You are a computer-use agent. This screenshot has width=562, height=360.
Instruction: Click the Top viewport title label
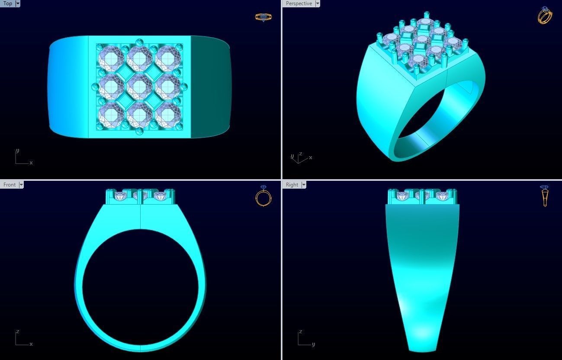click(x=8, y=3)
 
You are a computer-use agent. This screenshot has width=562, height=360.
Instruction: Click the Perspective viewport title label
click(x=299, y=3)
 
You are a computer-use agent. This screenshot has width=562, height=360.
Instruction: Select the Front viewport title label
click(x=9, y=185)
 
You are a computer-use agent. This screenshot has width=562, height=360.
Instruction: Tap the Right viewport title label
click(x=292, y=185)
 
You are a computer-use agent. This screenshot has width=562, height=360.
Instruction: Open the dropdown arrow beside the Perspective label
click(x=318, y=3)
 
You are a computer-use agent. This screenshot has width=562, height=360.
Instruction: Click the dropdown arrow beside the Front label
click(x=21, y=185)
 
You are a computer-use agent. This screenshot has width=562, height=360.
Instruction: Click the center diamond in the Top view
click(x=139, y=87)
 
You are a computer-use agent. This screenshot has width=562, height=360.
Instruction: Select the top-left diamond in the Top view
click(x=111, y=58)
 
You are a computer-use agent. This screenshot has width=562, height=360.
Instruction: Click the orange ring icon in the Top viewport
click(x=263, y=17)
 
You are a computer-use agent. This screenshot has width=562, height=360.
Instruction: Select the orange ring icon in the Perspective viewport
click(x=545, y=16)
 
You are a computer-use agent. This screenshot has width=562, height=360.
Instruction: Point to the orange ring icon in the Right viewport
click(x=545, y=196)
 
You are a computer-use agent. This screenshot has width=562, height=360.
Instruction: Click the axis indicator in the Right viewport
click(x=305, y=339)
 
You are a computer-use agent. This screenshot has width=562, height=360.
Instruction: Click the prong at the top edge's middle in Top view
click(x=139, y=42)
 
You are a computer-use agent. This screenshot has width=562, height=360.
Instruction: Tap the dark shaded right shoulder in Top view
click(x=211, y=87)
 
